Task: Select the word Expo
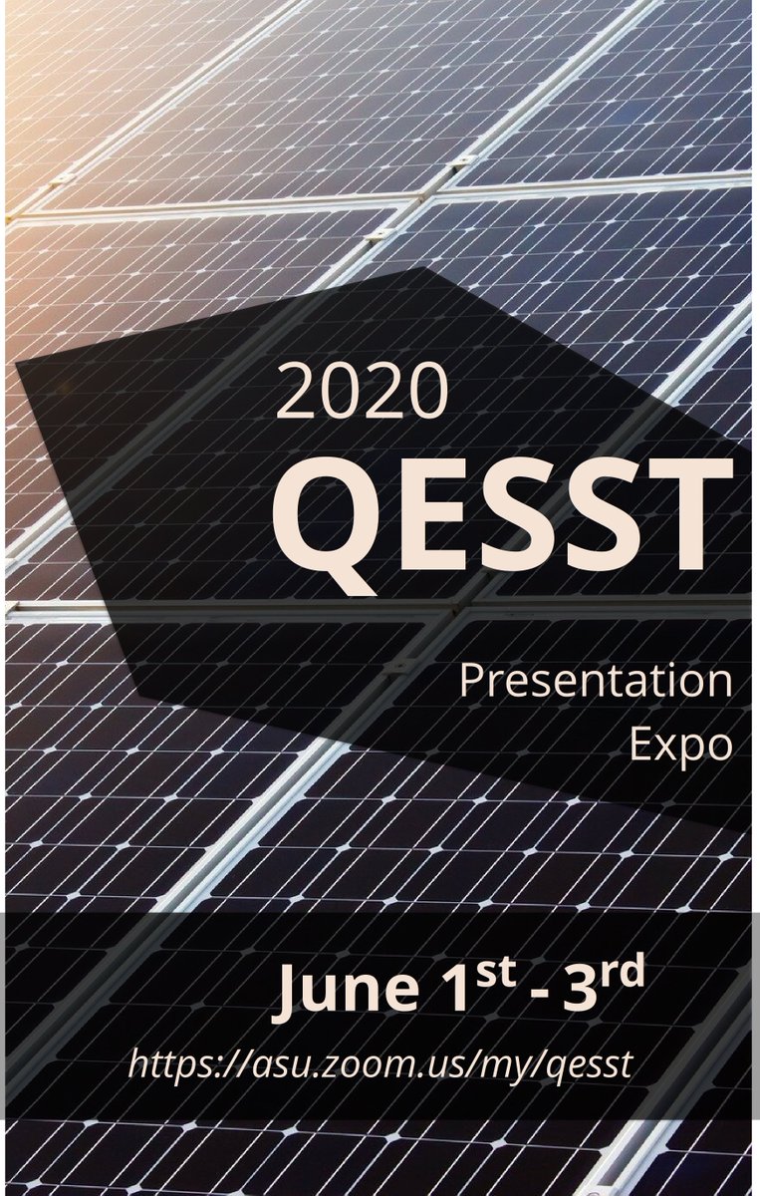[x=681, y=747]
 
